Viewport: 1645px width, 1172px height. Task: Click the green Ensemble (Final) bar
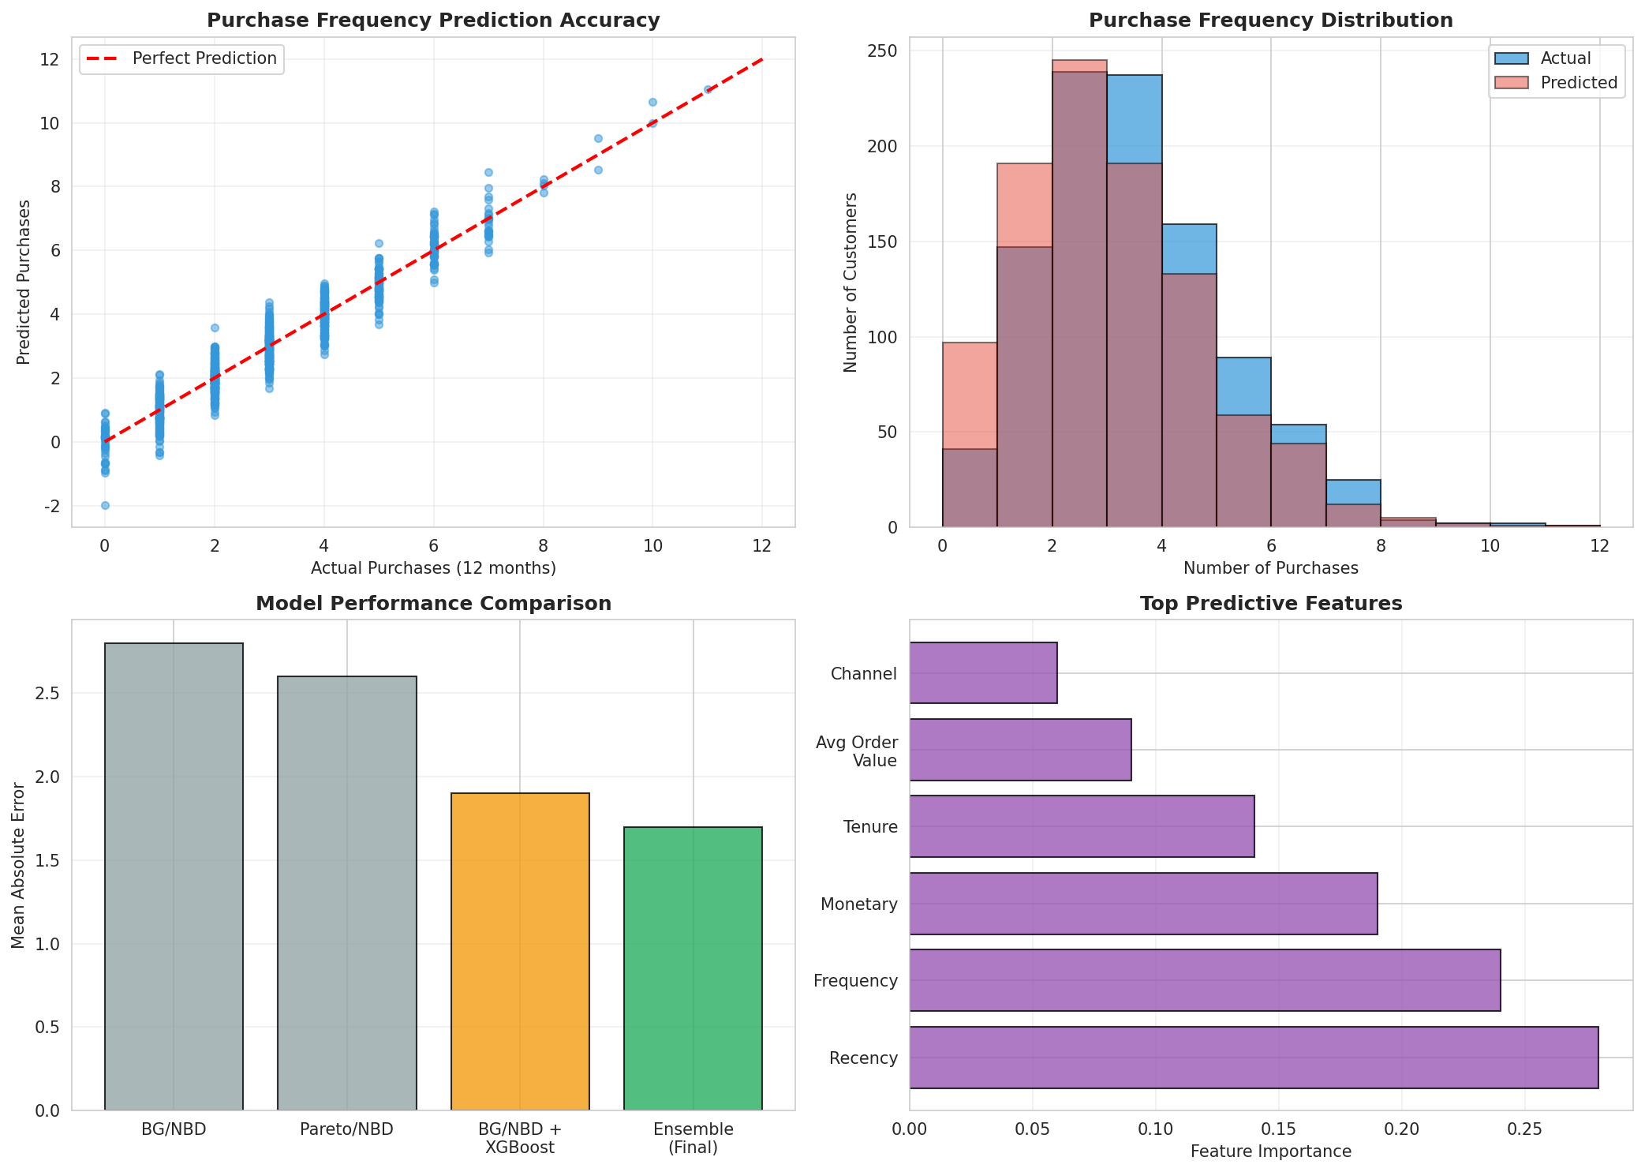pos(693,968)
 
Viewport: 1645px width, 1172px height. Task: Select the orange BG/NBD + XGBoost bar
pos(520,951)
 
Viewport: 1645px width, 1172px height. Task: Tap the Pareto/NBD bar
pos(346,893)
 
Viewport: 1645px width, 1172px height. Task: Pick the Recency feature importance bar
pos(1253,1057)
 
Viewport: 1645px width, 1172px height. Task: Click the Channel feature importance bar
pos(983,672)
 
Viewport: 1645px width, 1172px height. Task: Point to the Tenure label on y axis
pos(869,827)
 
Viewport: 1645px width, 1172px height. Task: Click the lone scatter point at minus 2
pos(105,505)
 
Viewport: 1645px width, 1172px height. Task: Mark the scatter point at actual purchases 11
pos(708,89)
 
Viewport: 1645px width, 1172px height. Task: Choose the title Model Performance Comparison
pos(433,604)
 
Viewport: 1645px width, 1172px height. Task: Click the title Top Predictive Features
pos(1270,604)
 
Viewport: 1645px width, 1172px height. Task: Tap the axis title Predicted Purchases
pos(24,282)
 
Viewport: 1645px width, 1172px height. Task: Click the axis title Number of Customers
pos(850,282)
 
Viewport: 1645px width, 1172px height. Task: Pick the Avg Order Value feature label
pos(856,751)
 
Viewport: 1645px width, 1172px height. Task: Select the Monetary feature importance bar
pos(1142,904)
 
